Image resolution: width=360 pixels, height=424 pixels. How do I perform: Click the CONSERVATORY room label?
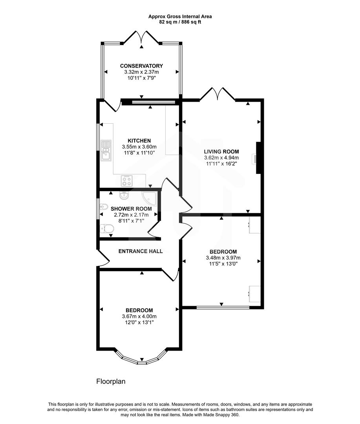pos(141,66)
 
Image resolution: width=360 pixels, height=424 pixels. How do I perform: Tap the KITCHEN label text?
pos(139,141)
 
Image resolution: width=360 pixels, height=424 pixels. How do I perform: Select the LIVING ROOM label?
pos(221,151)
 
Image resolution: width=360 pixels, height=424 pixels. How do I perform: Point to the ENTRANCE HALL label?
pos(135,251)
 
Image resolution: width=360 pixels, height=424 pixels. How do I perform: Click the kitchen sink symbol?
pos(106,151)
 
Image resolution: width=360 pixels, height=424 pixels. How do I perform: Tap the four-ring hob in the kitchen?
pos(127,181)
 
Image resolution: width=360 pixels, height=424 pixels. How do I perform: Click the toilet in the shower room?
pos(106,228)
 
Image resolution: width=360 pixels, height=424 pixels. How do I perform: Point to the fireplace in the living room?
pos(258,158)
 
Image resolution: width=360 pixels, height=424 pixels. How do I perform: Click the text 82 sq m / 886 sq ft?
pos(180,22)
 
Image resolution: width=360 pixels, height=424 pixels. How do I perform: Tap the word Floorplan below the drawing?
pos(111,381)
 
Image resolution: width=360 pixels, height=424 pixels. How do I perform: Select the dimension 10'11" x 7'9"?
pos(141,79)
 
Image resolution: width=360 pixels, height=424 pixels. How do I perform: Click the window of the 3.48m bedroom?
pos(223,307)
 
